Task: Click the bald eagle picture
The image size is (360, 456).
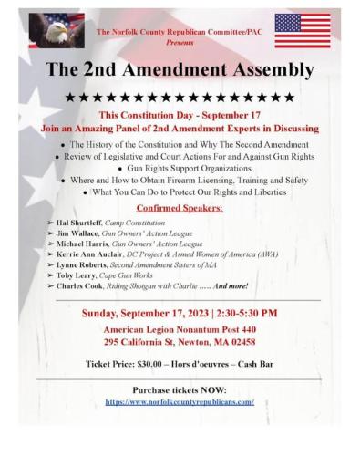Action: (57, 29)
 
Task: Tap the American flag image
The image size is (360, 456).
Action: (303, 29)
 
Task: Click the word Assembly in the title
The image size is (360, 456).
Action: (259, 69)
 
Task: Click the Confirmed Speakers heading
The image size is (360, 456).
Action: (180, 207)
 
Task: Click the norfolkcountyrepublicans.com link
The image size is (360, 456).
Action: (180, 401)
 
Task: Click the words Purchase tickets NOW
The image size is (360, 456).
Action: (180, 389)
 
